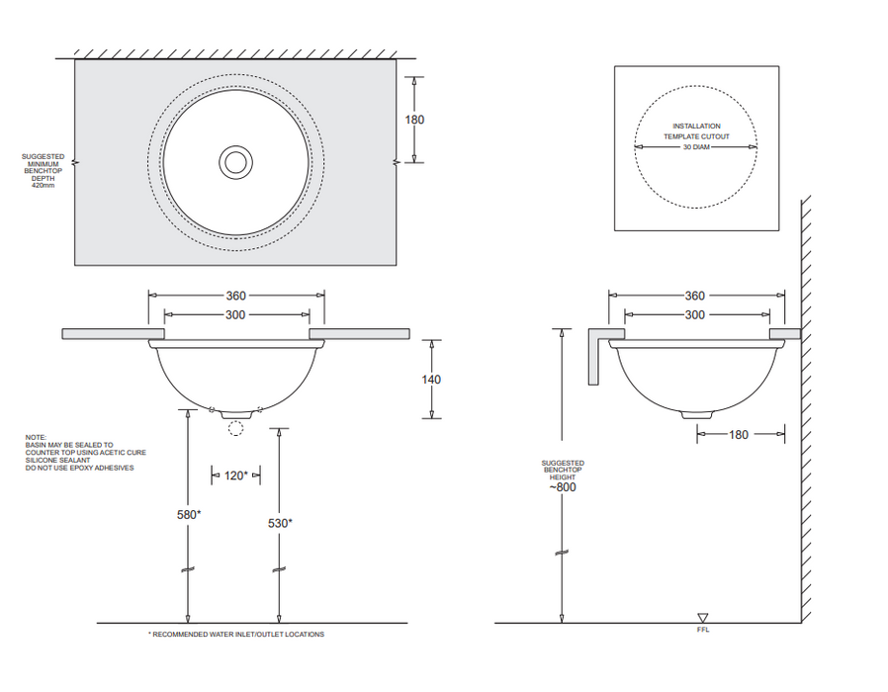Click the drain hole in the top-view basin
(x=236, y=161)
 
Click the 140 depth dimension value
(x=431, y=379)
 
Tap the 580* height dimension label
(x=189, y=514)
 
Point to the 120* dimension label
(x=235, y=476)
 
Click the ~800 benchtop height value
(x=563, y=486)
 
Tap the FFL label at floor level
(x=703, y=629)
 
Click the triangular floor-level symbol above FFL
(x=703, y=617)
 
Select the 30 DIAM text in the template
(x=695, y=147)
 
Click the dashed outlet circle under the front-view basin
(x=235, y=428)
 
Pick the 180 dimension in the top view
(x=414, y=120)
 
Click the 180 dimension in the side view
(x=739, y=434)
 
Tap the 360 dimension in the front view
(x=235, y=295)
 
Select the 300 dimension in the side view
(x=695, y=314)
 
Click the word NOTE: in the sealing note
(x=36, y=437)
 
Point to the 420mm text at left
(x=44, y=185)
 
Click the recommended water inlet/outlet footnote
(x=236, y=635)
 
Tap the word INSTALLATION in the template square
(x=696, y=127)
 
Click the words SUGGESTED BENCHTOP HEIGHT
(x=563, y=470)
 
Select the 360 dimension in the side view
(x=695, y=296)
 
